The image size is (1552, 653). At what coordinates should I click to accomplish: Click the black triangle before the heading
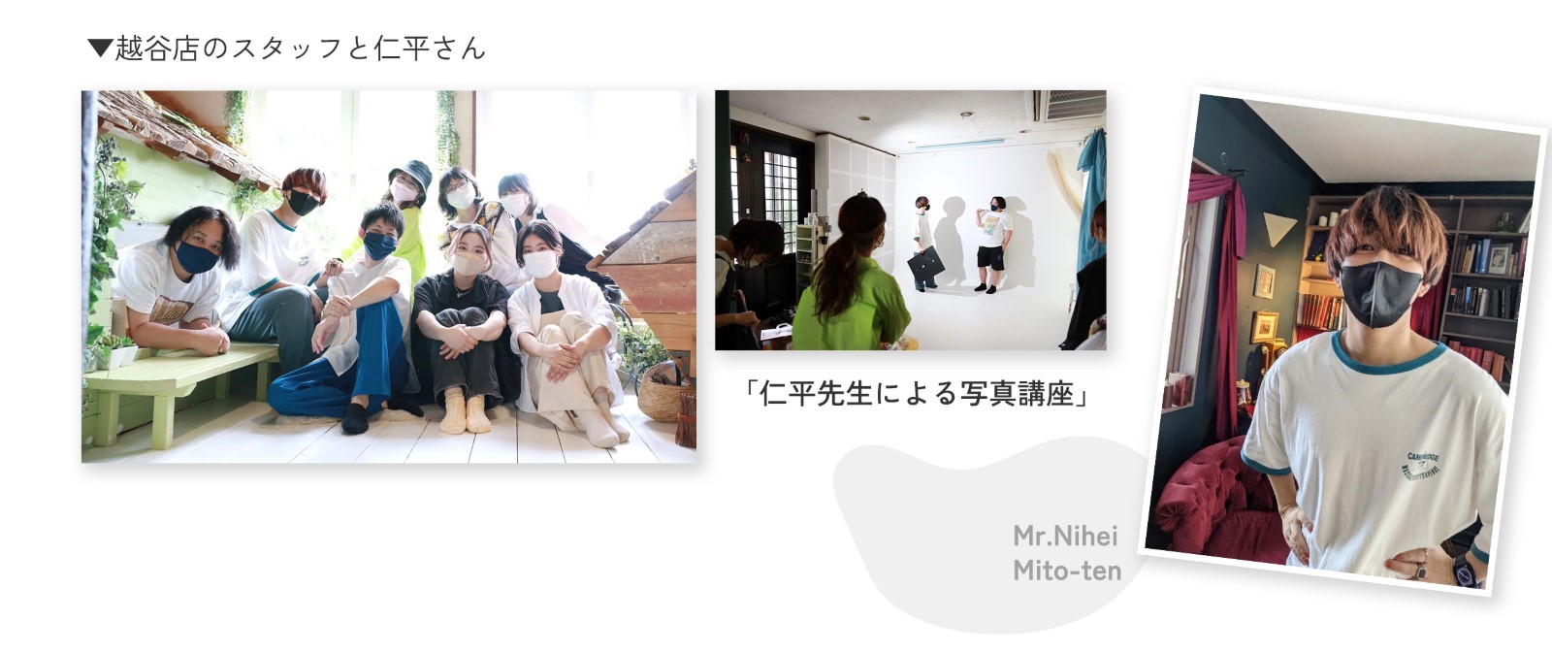(100, 48)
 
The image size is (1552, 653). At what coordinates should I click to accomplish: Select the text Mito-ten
(1067, 571)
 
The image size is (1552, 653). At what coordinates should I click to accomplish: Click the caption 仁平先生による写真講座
(916, 395)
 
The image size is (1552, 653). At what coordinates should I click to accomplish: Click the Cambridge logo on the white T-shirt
(1423, 466)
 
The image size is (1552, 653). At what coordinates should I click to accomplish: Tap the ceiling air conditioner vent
(1075, 106)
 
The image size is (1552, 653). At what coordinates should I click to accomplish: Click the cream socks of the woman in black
(466, 411)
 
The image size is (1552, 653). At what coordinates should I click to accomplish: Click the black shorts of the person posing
(990, 258)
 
